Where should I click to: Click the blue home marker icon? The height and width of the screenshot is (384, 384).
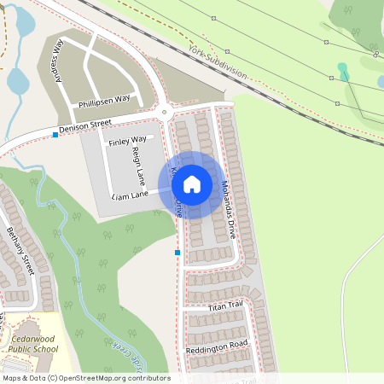coord(192,183)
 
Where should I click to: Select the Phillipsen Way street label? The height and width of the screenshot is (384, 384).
coord(105,99)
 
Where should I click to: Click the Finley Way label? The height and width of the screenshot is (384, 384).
coord(126,139)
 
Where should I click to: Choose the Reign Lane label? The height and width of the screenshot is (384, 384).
coord(139,166)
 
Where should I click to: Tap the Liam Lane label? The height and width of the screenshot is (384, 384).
coord(130,195)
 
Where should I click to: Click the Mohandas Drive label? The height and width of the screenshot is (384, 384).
coord(225,207)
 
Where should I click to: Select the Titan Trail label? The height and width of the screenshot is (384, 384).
coord(226,305)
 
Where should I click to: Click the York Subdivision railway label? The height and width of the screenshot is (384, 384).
coord(218,61)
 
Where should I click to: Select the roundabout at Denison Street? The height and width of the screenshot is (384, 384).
coord(163,112)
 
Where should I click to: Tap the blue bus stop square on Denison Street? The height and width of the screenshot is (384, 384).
coord(55,135)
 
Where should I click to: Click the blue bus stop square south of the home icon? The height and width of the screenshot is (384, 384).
coord(177,253)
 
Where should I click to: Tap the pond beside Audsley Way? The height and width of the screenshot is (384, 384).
coord(17,81)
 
